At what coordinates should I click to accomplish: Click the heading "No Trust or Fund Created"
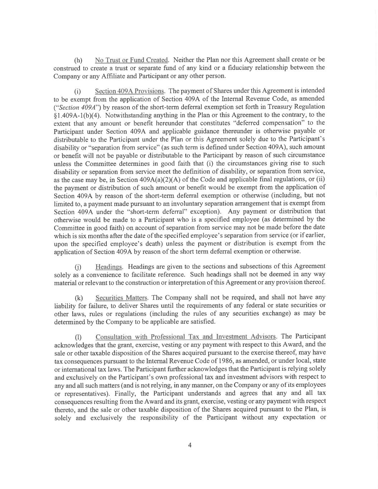click(131, 60)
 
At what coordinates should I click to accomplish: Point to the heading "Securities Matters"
click(121, 298)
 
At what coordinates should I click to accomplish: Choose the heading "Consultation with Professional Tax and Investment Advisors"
click(186, 337)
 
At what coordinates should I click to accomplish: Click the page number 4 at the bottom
click(190, 445)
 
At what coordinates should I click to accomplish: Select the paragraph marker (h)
click(78, 60)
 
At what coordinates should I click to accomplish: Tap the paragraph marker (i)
click(77, 91)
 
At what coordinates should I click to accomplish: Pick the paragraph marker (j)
click(78, 267)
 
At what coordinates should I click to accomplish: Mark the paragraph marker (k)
click(78, 298)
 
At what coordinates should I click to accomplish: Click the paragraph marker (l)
click(78, 337)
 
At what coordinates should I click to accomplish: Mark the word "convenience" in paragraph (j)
click(89, 275)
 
